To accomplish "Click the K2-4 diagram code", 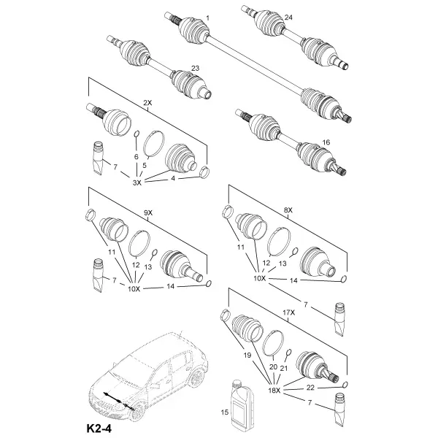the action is [99, 429].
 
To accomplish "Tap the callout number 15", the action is [225, 412].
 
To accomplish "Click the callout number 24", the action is [288, 18].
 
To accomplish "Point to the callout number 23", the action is [195, 68].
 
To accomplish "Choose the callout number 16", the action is [326, 142].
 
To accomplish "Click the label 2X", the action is [147, 103].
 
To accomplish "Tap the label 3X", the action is [137, 182].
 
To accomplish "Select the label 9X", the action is [148, 213].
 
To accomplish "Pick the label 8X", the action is [288, 210].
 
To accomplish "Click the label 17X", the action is [289, 312].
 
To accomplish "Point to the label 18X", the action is [274, 391].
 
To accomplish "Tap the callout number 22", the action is [310, 388].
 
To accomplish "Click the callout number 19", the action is [247, 356].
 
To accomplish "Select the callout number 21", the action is [283, 369].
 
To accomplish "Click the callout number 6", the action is [137, 157].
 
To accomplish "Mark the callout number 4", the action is [173, 178].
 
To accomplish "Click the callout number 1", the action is [207, 18].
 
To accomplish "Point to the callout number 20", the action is [273, 367].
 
